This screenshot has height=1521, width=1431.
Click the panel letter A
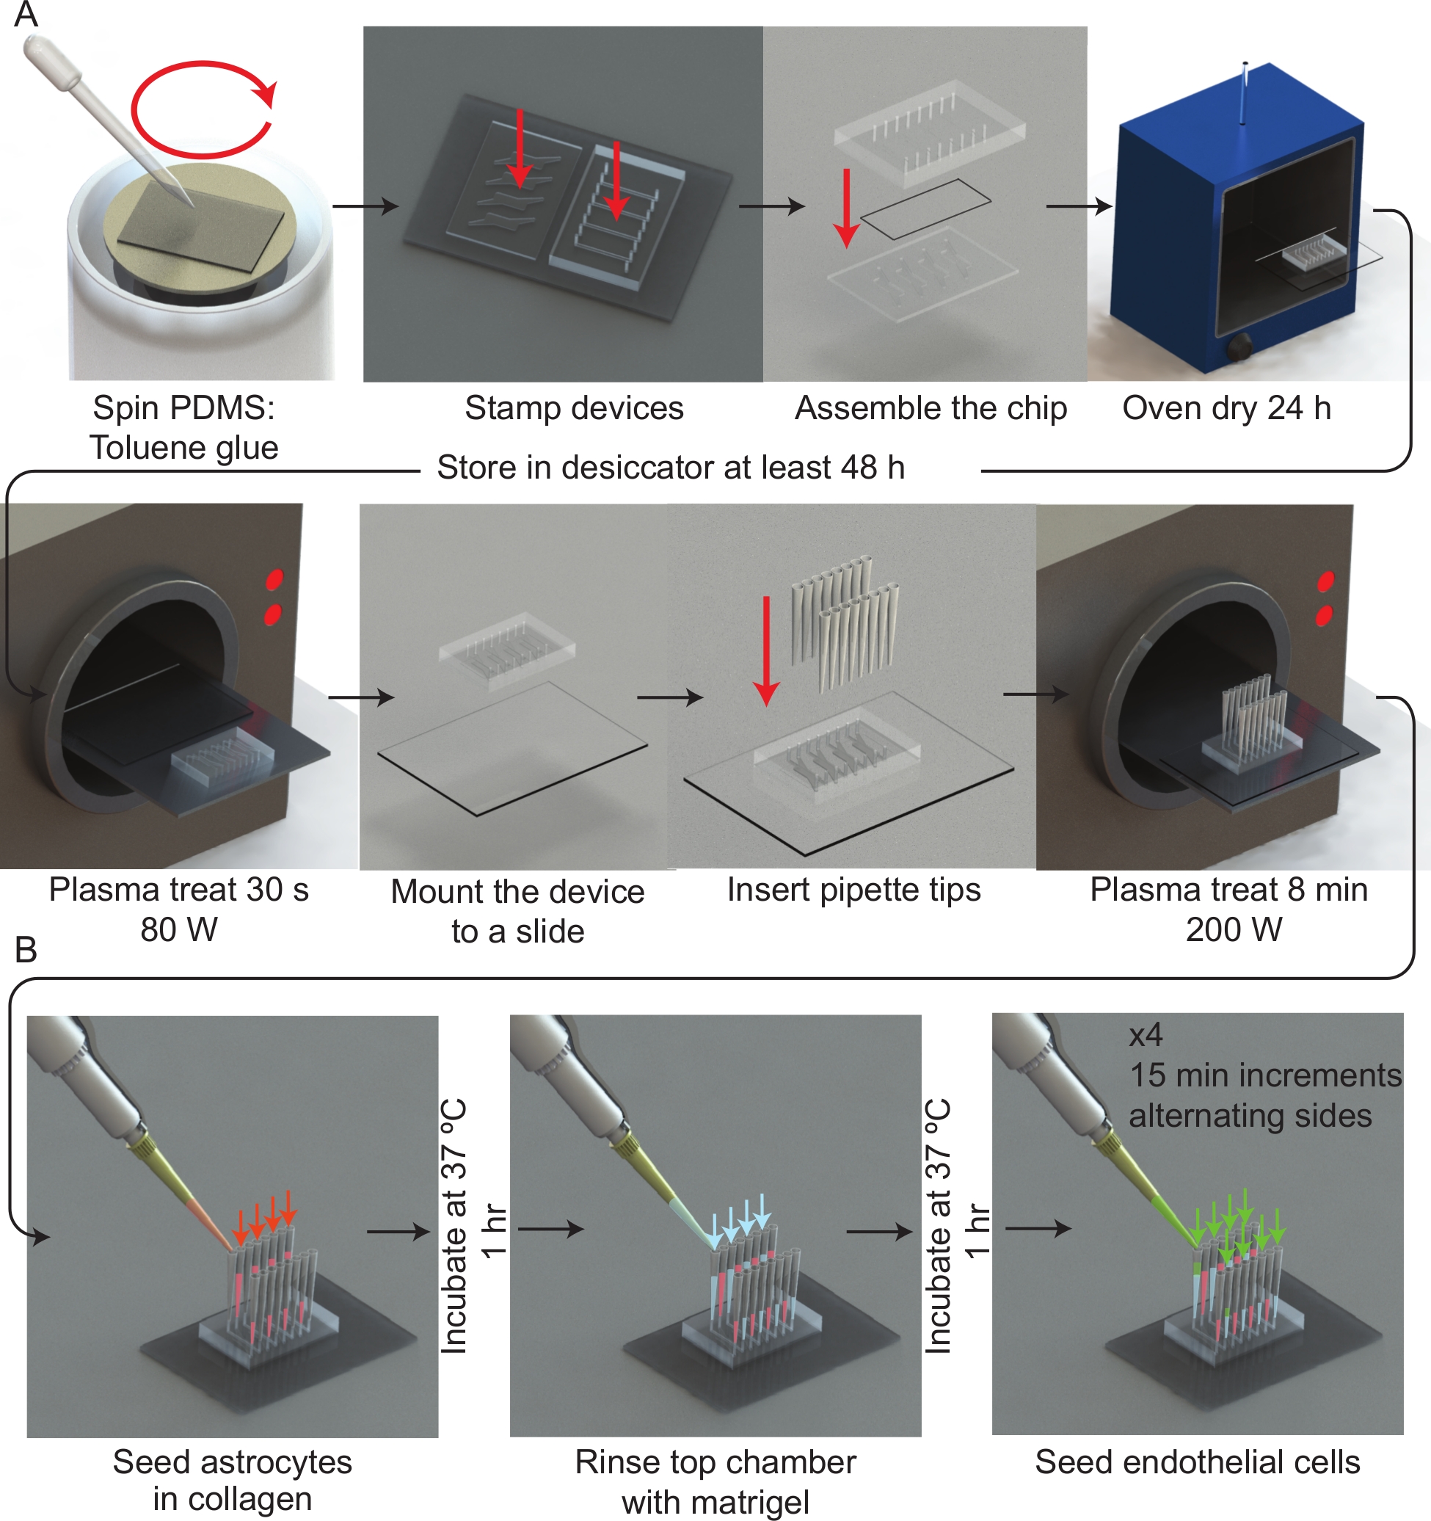pos(26,14)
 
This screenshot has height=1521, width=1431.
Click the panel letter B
pos(26,950)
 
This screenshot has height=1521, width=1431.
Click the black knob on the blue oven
pos(1237,348)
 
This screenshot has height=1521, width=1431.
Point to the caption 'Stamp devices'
pos(574,408)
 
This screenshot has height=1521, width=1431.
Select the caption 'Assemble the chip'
pos(930,408)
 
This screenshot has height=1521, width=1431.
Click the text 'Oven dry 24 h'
pos(1226,408)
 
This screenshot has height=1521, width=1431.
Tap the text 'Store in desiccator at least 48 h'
pos(671,467)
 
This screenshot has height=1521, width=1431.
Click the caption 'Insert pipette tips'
pos(853,890)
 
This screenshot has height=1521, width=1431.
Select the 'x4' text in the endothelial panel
pos(1145,1035)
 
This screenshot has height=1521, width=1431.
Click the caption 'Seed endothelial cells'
pos(1197,1462)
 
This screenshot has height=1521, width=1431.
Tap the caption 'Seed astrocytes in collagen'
pos(233,1481)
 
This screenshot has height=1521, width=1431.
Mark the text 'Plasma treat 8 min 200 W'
pos(1228,910)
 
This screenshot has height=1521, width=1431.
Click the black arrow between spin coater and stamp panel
pos(365,206)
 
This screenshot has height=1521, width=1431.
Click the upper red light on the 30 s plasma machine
pos(274,579)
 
